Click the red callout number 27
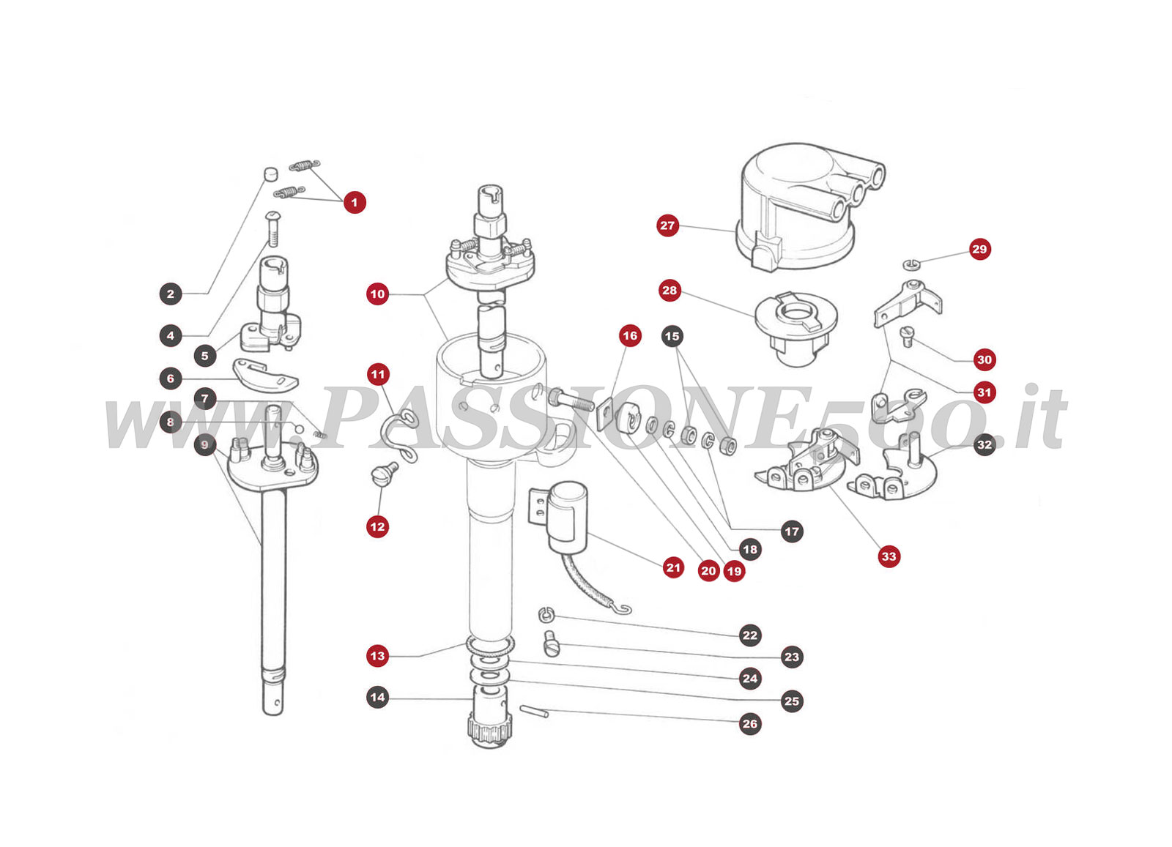click(x=667, y=225)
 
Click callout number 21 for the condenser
click(x=673, y=567)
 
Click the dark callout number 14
click(x=377, y=697)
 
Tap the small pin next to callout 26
click(x=534, y=711)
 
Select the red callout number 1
click(x=355, y=202)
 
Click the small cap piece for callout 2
click(x=271, y=174)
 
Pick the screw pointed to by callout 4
click(x=272, y=228)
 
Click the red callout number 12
click(x=377, y=526)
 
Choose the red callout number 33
click(x=889, y=556)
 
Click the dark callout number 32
click(x=984, y=444)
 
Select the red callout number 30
click(x=984, y=359)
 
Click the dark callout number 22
click(x=750, y=635)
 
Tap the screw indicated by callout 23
click(x=552, y=645)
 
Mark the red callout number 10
click(x=377, y=294)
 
